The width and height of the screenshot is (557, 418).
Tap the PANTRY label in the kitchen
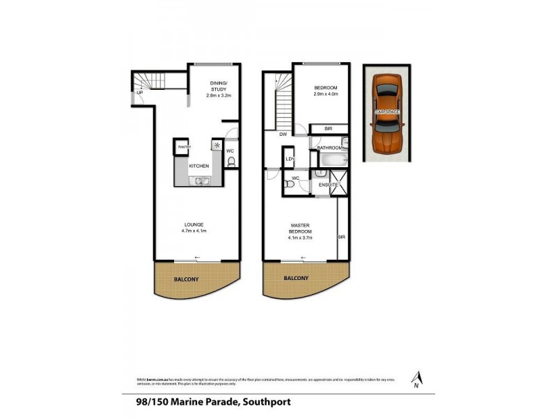184,147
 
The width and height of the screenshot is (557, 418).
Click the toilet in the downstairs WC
231,163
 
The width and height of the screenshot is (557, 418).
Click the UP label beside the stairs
140,93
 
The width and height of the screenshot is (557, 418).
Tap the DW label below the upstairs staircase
283,134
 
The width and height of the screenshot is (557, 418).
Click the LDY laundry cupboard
290,160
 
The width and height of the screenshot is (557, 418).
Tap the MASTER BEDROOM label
301,231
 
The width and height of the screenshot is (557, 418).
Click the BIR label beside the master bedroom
341,237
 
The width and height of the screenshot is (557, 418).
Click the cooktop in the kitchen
217,146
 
